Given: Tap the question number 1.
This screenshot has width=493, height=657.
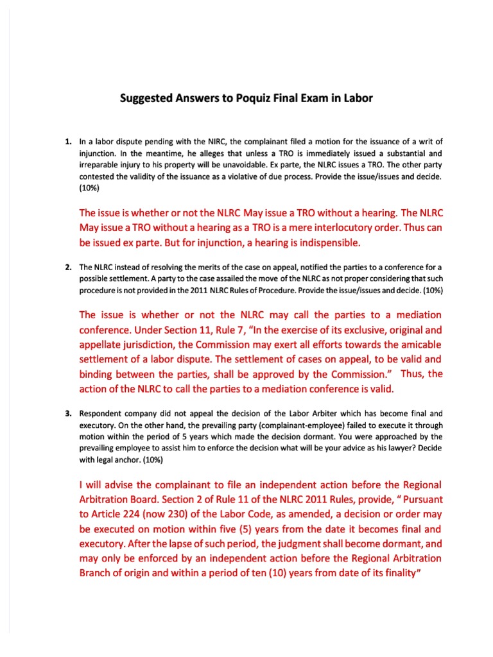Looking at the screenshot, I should click(67, 141).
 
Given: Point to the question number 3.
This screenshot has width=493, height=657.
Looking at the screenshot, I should click(67, 413).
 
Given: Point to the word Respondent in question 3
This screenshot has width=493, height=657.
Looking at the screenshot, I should click(101, 413).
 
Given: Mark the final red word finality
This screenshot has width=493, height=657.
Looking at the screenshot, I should click(394, 573).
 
